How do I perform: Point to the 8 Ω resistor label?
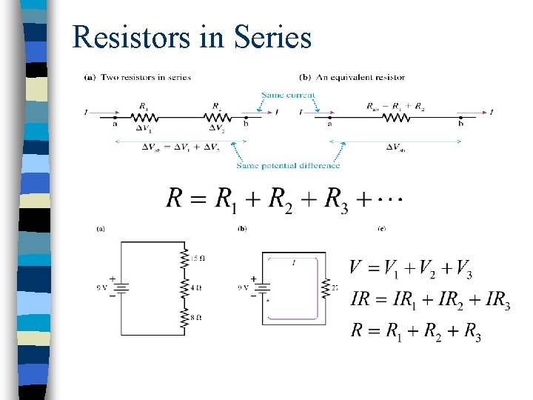click(195, 317)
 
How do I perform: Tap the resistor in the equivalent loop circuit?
click(324, 287)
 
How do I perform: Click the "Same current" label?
click(288, 95)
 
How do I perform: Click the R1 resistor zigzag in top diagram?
click(144, 116)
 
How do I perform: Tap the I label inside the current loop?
click(293, 263)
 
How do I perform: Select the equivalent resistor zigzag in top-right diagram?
click(398, 116)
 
